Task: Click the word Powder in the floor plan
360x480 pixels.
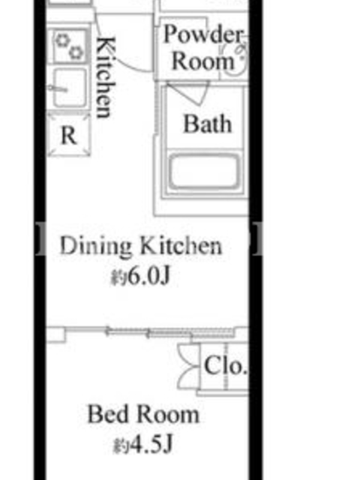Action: [203, 34]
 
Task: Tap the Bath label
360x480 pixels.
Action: [207, 124]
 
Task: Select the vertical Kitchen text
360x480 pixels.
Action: [106, 77]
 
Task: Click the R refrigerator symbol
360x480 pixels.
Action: [69, 135]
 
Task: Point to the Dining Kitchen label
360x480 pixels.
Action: [140, 246]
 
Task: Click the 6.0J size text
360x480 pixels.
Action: [140, 276]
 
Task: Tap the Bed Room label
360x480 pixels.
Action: [143, 414]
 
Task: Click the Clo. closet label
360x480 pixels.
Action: [225, 365]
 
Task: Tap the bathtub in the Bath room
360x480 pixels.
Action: [204, 171]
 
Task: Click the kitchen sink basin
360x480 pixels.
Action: [70, 88]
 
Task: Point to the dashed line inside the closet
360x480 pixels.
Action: [226, 367]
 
